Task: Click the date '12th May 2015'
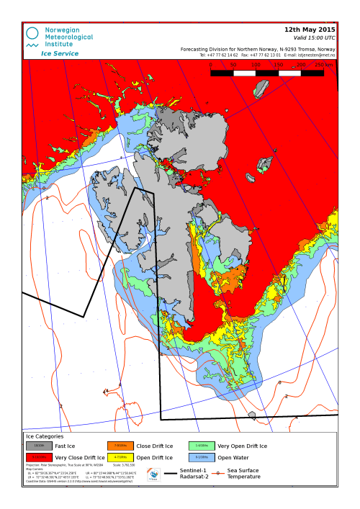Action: [310, 30]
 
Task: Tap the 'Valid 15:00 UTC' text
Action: [315, 37]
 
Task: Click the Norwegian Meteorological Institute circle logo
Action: [32, 32]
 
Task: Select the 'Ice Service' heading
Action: [60, 53]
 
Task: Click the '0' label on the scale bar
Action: [210, 65]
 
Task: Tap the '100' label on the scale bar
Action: [256, 65]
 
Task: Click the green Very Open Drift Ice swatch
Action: [199, 446]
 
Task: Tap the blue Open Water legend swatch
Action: [199, 457]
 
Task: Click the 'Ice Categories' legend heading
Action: [45, 436]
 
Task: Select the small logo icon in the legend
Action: [153, 474]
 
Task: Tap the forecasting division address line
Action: [257, 49]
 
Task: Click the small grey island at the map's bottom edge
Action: [251, 415]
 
